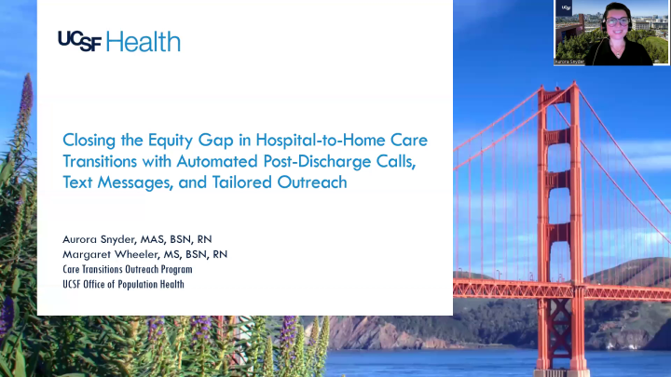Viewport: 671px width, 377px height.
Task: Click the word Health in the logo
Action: [144, 41]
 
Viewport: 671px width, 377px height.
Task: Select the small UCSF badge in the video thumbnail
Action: [565, 7]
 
